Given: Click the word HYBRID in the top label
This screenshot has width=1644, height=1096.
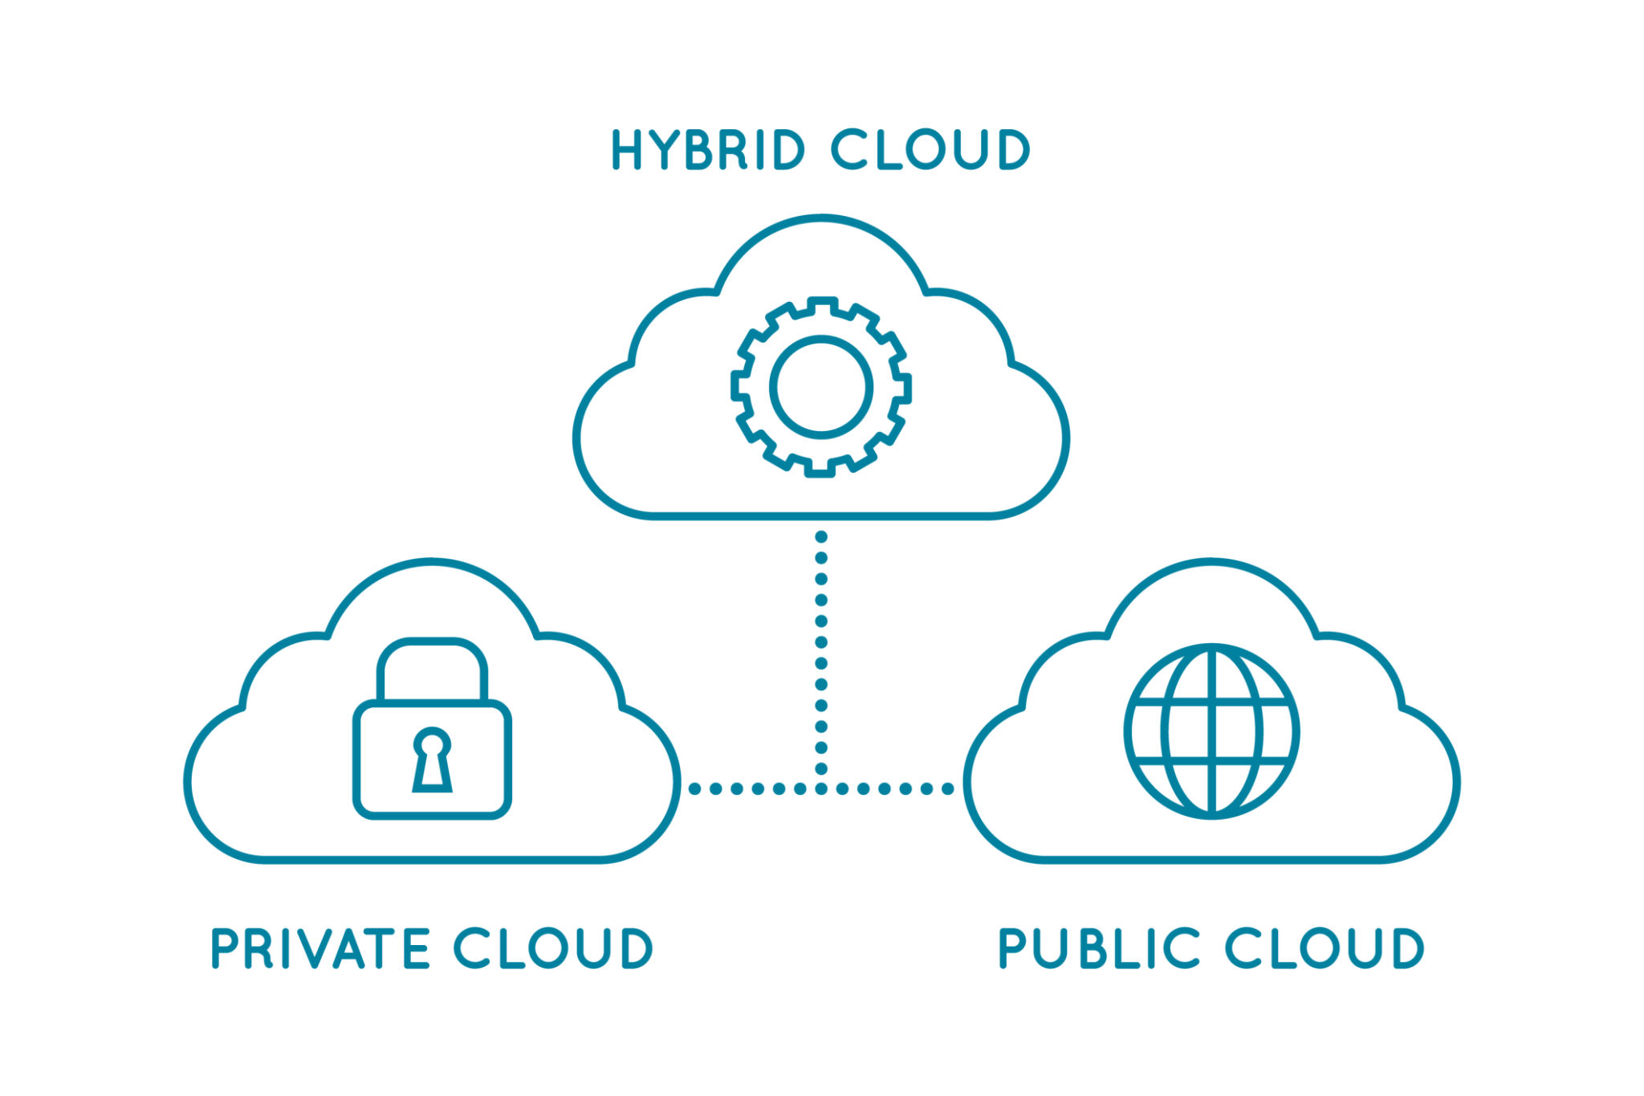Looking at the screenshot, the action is click(x=708, y=149).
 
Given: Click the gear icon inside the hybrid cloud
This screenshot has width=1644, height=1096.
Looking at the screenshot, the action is click(x=821, y=387).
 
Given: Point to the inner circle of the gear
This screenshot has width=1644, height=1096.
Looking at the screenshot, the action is click(x=821, y=387).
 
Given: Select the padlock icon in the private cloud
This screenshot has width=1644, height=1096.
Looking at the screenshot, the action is click(x=432, y=728).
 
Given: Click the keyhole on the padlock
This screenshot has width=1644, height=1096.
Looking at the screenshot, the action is click(x=432, y=760).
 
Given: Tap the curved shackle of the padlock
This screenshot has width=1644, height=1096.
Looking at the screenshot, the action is click(x=432, y=669).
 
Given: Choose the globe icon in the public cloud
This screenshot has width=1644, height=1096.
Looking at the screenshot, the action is click(x=1211, y=731).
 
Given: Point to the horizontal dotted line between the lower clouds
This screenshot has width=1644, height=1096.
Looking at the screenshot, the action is click(x=821, y=788).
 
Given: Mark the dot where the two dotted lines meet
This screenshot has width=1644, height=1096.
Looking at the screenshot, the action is click(x=821, y=788).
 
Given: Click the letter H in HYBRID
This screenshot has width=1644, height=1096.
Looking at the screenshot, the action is click(x=627, y=149).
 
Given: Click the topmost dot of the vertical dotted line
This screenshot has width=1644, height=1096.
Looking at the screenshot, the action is click(x=821, y=536).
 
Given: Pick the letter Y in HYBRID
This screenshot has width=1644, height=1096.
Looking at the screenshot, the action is click(x=666, y=149).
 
